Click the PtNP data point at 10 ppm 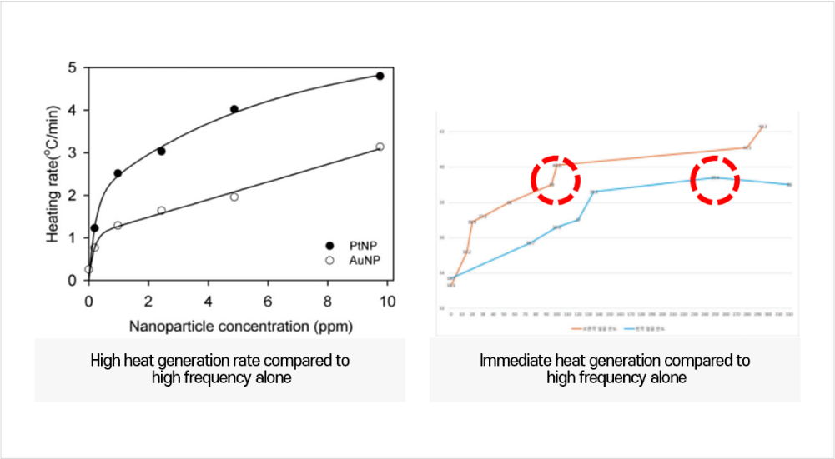coord(380,76)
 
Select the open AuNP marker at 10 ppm coord(380,147)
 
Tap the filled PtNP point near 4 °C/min coord(234,109)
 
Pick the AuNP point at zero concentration coord(88,269)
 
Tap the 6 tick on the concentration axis coord(268,301)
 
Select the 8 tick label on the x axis coord(327,301)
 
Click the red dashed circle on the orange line coord(555,179)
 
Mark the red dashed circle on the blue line coord(715,179)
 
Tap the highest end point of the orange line coord(762,127)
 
